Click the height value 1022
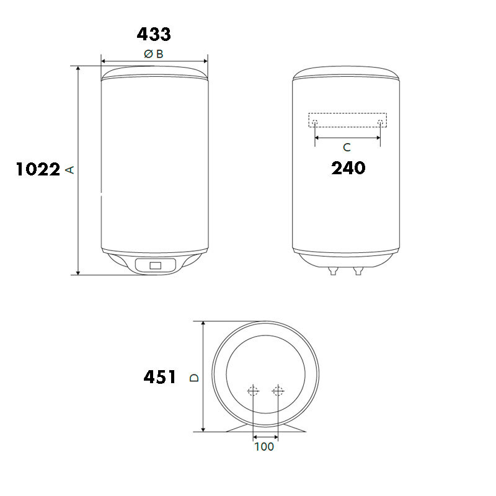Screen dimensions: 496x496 38,169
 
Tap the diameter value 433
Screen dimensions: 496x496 154,34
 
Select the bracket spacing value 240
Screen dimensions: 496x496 348,167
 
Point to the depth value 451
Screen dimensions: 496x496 160,377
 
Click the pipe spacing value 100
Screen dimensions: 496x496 264,446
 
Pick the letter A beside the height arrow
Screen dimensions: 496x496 69,170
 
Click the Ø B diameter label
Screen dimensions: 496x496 154,54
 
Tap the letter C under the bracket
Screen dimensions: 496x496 347,147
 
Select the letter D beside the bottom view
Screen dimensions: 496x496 194,378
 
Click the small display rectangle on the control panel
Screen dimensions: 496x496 156,265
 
